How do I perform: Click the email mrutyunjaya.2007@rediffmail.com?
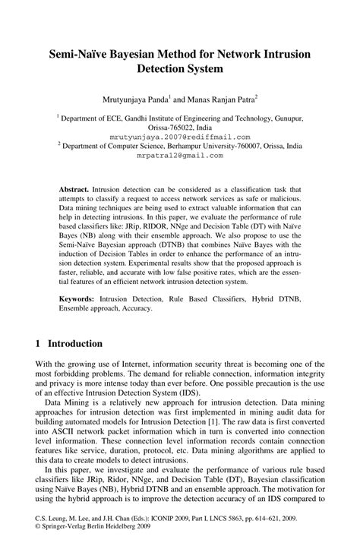tap(180, 137)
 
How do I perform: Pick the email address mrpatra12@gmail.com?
tap(180, 155)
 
